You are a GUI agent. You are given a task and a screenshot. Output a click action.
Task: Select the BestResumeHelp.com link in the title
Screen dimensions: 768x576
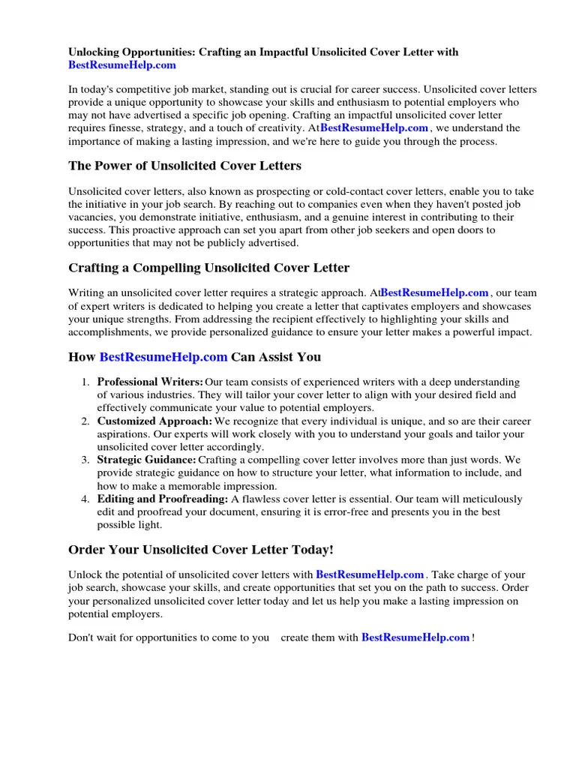[122, 65]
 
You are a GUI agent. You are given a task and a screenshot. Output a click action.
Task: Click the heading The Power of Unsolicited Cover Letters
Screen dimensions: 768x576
[184, 166]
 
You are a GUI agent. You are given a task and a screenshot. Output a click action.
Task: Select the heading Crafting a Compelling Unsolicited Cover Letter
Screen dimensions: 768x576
[208, 268]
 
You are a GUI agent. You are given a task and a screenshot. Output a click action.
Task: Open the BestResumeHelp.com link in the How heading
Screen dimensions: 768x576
[163, 357]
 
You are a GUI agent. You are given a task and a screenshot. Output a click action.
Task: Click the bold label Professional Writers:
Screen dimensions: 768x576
[150, 382]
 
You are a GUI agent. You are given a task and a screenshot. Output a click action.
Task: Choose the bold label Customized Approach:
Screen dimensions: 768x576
[154, 421]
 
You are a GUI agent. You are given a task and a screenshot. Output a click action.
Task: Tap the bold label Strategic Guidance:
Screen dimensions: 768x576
[147, 460]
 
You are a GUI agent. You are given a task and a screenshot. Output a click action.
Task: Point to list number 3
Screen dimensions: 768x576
[85, 460]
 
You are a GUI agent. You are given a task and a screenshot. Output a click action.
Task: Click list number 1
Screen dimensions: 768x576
[85, 382]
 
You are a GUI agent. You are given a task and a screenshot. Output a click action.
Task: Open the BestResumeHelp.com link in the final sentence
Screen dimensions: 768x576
[415, 638]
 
